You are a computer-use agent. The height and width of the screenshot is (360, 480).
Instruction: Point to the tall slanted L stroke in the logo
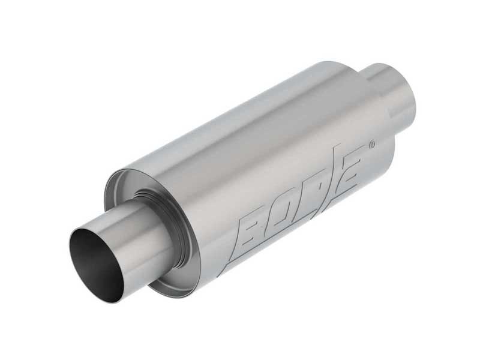pos(334,171)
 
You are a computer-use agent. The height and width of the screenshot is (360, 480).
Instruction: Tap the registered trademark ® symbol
pos(372,145)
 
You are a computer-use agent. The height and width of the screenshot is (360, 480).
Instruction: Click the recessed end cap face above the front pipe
pos(129,186)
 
